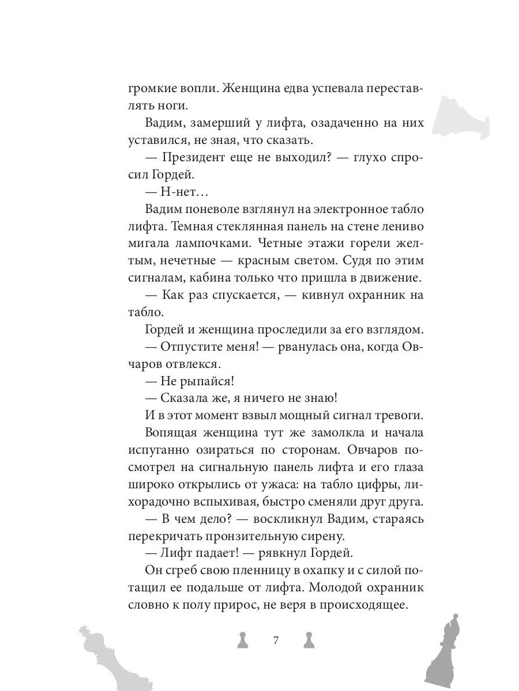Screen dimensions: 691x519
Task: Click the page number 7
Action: tap(276, 640)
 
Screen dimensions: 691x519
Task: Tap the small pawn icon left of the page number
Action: tap(243, 640)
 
